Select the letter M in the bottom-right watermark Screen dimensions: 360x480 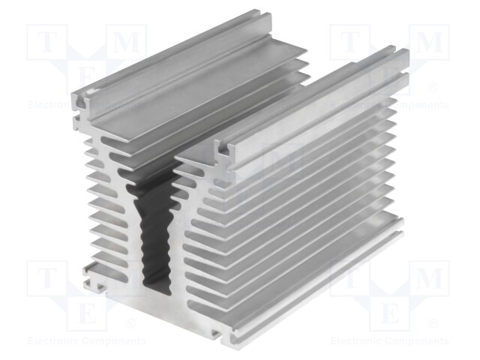point(429,279)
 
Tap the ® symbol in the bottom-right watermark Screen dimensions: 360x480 point(433,323)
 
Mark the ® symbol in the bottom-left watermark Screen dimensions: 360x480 point(130,323)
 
